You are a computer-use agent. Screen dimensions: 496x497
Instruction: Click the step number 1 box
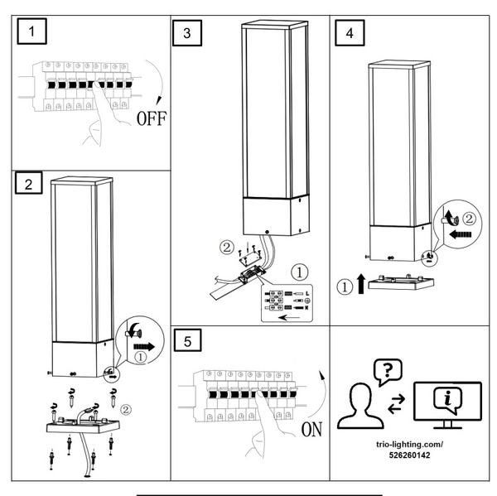click(31, 34)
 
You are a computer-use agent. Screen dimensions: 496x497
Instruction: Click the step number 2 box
click(29, 184)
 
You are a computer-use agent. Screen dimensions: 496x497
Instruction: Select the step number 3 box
click(187, 33)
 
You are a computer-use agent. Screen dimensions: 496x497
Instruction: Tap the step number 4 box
click(350, 34)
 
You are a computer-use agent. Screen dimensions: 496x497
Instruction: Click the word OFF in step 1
click(152, 118)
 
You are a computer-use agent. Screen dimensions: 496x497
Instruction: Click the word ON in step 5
click(311, 430)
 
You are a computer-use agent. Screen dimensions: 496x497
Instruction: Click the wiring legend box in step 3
click(290, 304)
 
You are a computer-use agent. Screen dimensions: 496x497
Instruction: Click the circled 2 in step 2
click(125, 408)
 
